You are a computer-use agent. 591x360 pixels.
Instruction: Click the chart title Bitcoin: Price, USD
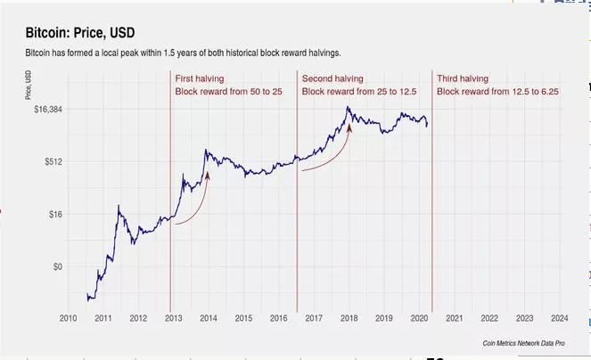pos(80,34)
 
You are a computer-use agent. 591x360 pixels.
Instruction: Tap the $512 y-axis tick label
pos(52,161)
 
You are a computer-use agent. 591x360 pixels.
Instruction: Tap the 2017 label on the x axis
pos(313,317)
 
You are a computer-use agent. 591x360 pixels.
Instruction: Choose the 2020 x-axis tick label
pos(418,317)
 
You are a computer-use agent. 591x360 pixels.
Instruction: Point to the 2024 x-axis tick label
pos(559,317)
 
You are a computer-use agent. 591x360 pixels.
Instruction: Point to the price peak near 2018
pos(348,108)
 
